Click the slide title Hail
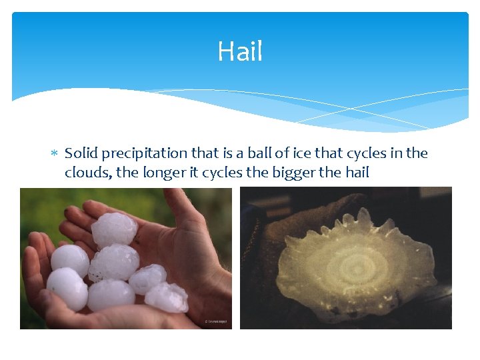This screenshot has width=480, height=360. (x=240, y=51)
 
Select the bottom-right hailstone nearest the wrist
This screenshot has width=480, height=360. (x=167, y=297)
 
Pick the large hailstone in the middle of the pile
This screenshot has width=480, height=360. (x=114, y=262)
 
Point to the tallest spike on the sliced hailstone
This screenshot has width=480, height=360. (x=363, y=217)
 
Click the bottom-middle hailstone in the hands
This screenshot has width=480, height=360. (x=110, y=295)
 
